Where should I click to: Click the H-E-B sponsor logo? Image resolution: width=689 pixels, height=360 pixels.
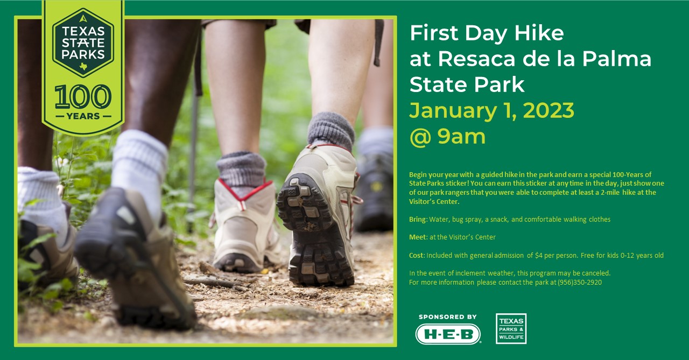coord(448,334)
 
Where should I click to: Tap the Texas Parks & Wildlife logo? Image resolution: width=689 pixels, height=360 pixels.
coord(511,329)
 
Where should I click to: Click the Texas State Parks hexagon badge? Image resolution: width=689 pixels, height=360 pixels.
coord(83,43)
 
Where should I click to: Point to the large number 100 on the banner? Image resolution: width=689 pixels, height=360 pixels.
coord(83,96)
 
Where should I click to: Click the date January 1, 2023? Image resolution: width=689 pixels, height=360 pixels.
coord(491,111)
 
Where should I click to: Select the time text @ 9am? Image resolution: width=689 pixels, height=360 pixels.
coord(447,137)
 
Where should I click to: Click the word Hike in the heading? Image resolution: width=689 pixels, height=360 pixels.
coord(539,33)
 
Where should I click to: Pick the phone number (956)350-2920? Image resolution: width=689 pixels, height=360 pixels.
coord(580,282)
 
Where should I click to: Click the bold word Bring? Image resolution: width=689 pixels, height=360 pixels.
coord(417,220)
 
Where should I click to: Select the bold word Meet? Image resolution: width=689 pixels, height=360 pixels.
coord(417,237)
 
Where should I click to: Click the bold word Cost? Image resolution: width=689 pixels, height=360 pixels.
coord(417,255)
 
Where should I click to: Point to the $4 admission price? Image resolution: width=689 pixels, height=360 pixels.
coord(539,255)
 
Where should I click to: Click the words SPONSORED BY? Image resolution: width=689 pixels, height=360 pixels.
coord(447,316)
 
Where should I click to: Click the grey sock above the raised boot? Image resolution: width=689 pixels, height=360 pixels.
coord(331,131)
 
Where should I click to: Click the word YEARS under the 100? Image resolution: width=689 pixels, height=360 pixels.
coord(83,116)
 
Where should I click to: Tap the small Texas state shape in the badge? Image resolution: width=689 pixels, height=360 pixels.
coord(83,66)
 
